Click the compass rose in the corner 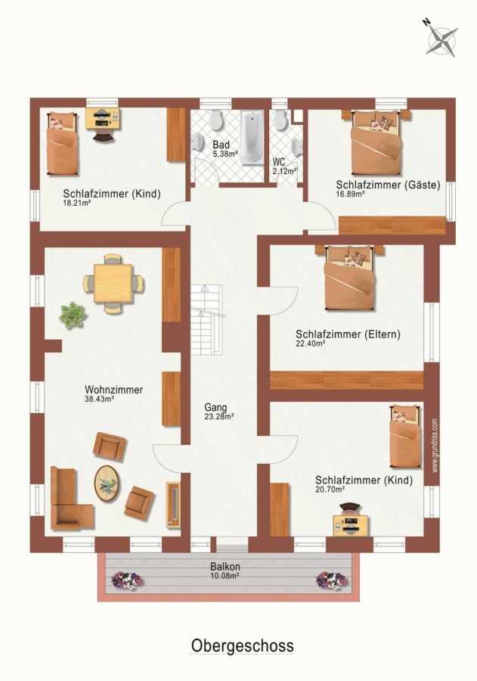(x=441, y=39)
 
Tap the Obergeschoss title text (x=242, y=646)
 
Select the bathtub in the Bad (x=252, y=138)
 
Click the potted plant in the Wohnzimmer (x=73, y=316)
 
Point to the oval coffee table (x=107, y=484)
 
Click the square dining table (x=113, y=284)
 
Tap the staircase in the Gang (x=206, y=319)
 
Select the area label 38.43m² (x=99, y=399)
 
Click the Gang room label (x=215, y=407)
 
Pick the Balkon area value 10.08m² (x=225, y=576)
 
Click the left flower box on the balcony (x=127, y=580)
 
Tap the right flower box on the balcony (x=332, y=580)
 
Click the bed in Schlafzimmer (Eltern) (x=350, y=278)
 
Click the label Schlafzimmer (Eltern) (x=348, y=334)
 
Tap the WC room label (x=279, y=163)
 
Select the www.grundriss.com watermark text (x=435, y=446)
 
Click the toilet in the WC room (x=280, y=120)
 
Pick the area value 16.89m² (x=350, y=194)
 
